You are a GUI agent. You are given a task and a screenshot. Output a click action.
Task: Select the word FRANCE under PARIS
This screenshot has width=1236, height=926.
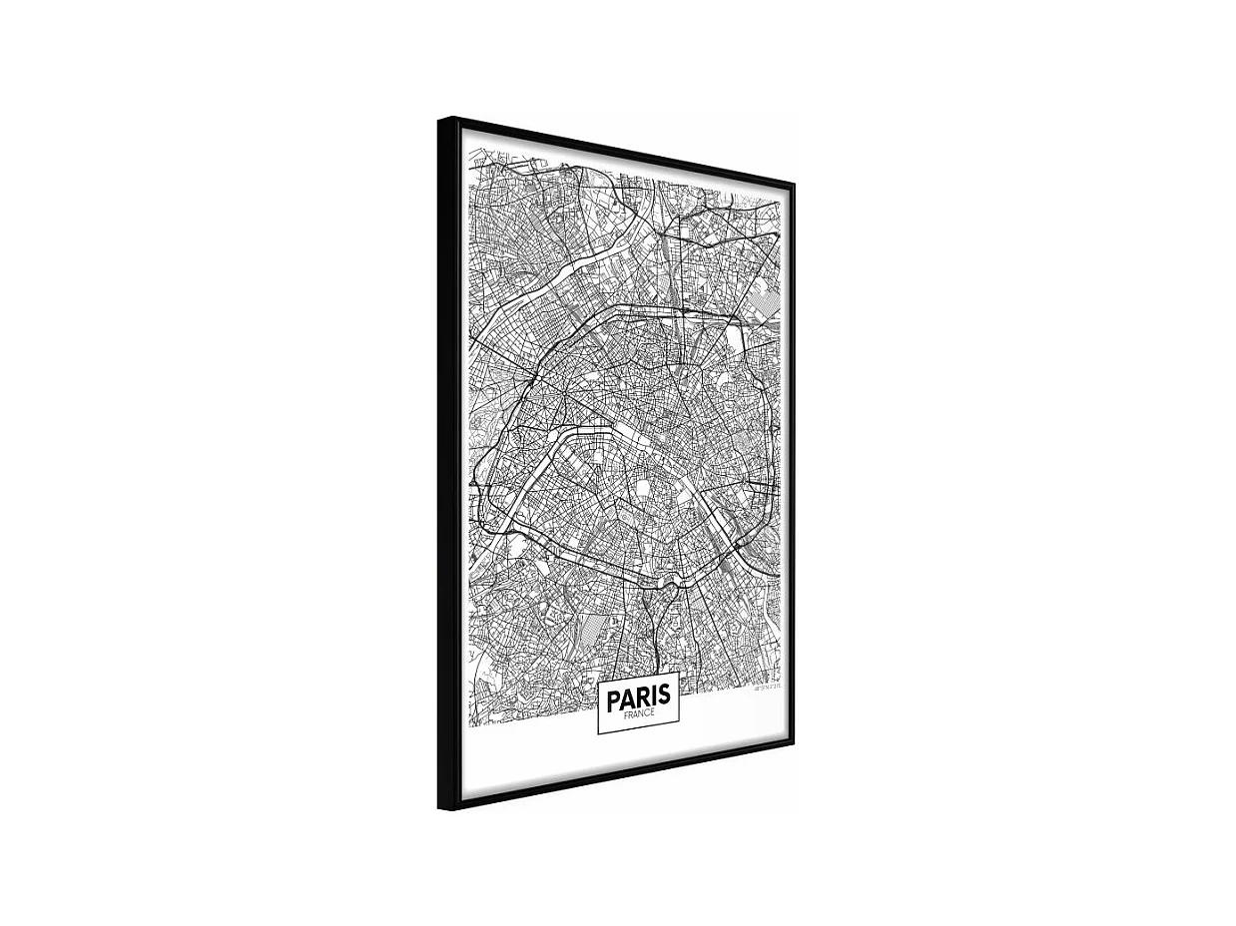point(638,713)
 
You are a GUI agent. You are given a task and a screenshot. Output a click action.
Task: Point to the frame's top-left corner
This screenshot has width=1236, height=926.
point(439,120)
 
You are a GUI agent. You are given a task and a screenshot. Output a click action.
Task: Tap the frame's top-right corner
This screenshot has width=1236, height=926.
point(793,183)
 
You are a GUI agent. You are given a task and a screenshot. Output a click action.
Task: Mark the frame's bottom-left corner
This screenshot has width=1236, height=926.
point(440,807)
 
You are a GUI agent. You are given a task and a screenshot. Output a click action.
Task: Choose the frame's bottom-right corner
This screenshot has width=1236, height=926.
point(793,742)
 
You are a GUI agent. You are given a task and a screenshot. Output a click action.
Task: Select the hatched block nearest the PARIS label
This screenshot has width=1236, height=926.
point(595,630)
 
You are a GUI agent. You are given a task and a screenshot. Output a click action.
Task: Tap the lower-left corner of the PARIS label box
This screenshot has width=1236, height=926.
point(599,733)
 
